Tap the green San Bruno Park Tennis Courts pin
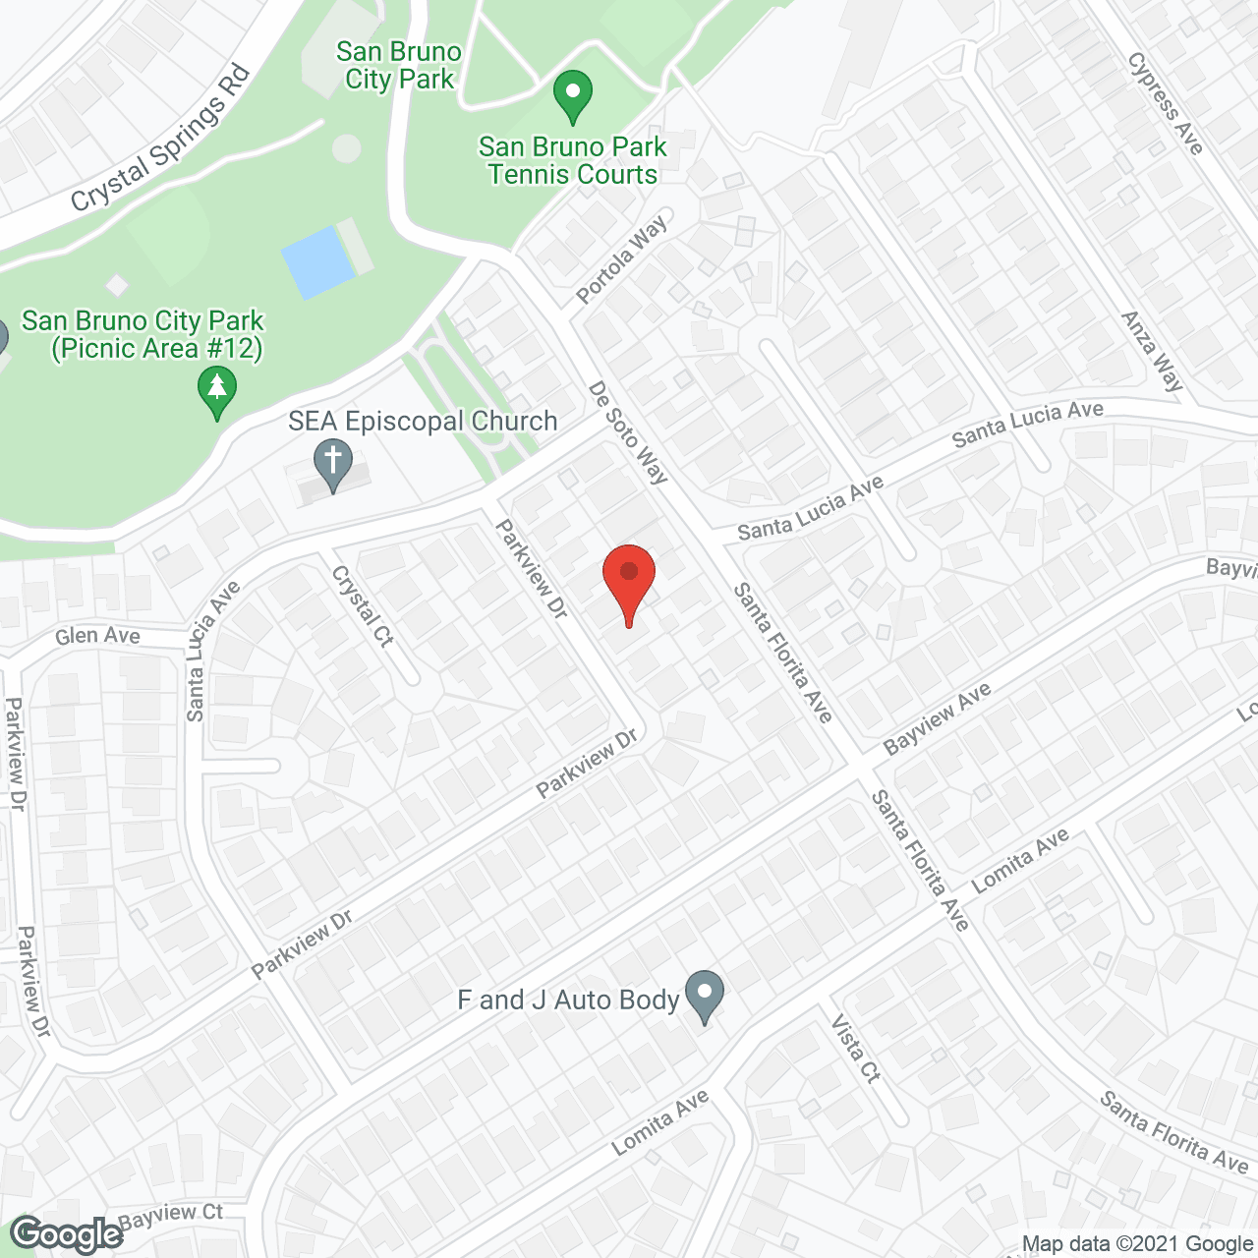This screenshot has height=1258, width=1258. pos(572,96)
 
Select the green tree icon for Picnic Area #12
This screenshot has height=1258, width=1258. pos(216,391)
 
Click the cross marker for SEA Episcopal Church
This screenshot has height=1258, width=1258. pos(333,464)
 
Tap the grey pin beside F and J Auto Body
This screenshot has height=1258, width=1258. pos(704,995)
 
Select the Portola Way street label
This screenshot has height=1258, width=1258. pos(621,258)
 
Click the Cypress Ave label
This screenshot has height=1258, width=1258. pos(1166,103)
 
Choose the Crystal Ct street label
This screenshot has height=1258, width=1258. pos(363,605)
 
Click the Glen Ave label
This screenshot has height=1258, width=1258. pos(97,636)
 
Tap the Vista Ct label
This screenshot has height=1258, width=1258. pos(856,1049)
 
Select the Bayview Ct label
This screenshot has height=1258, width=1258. pos(171,1215)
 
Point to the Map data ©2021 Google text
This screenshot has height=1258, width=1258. pos(1137,1244)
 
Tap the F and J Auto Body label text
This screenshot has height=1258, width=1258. pos(568,1001)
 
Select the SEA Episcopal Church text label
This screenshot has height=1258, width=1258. pos(423,422)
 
